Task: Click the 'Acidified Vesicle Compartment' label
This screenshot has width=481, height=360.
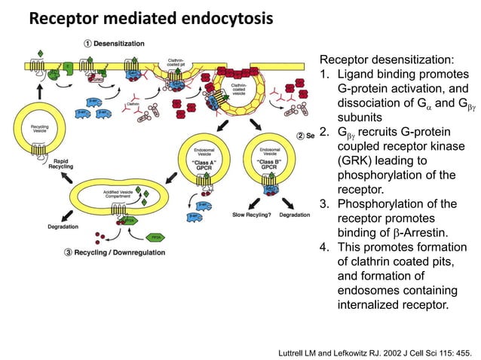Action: [x=119, y=195]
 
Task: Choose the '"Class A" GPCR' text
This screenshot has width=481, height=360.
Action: [x=205, y=162]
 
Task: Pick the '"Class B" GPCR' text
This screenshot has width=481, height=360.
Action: [x=270, y=162]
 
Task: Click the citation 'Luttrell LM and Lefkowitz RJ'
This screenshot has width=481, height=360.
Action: [x=339, y=351]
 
